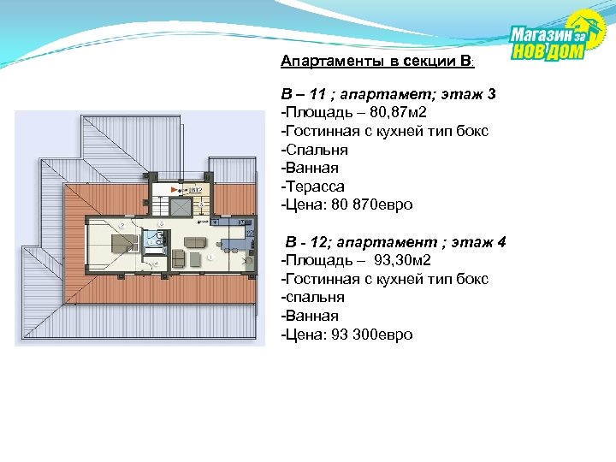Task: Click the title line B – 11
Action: (x=388, y=94)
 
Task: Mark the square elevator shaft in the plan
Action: (x=181, y=207)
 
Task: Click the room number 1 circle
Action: (x=210, y=257)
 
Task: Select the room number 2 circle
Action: (x=121, y=225)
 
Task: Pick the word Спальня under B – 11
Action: (x=313, y=149)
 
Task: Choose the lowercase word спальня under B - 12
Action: (x=312, y=297)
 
